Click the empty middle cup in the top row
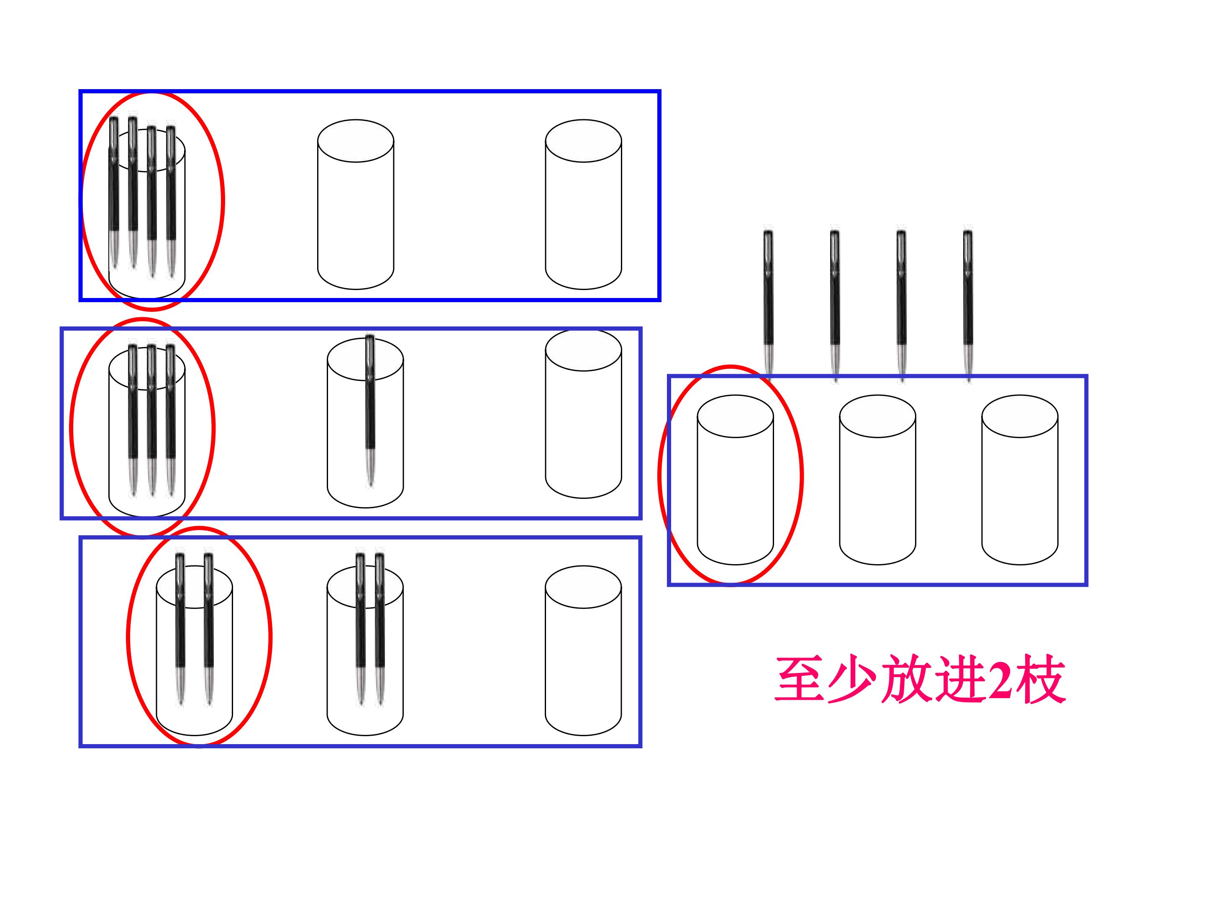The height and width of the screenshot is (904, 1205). (356, 204)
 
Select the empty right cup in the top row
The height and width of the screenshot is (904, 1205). (583, 204)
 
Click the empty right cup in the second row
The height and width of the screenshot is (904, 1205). (583, 413)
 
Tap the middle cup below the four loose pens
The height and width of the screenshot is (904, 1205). (878, 480)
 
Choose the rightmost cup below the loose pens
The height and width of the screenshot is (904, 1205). (1020, 480)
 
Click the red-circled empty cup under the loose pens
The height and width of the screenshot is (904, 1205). (736, 480)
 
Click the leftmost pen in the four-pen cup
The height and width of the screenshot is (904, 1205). (114, 193)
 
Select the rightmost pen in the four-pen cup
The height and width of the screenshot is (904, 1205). (171, 202)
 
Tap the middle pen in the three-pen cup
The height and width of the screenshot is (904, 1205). (151, 420)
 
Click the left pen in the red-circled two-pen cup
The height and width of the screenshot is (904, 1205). (180, 629)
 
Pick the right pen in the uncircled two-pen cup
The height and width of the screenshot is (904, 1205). (379, 629)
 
